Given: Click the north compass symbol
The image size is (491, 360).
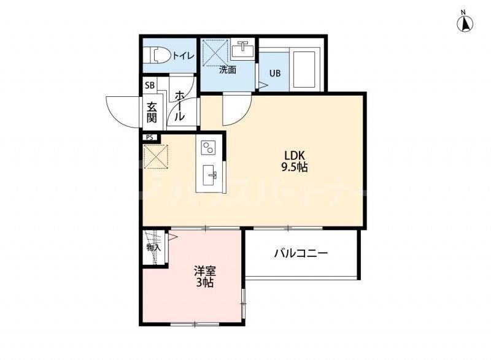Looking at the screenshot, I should tap(465, 23).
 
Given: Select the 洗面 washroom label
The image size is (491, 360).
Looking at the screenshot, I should tap(228, 70).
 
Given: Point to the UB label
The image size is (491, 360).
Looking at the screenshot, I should tap(276, 74).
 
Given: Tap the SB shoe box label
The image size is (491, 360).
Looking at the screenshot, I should tap(150, 86).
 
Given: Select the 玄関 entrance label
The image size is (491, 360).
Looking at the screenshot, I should tap(151, 111).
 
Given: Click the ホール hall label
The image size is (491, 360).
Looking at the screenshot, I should tap(180, 105).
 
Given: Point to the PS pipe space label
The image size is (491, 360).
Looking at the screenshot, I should tap(150, 137).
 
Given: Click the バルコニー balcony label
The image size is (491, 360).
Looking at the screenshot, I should tap(301, 253).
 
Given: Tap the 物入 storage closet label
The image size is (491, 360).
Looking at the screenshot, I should tap(153, 248).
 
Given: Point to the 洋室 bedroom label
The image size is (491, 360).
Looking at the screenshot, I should tap(204, 271).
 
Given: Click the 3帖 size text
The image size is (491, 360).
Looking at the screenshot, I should tap(204, 283).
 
